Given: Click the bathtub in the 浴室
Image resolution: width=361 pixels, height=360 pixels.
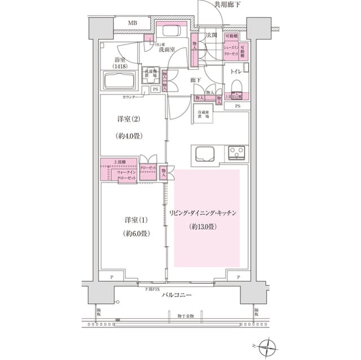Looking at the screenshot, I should pos(119,80).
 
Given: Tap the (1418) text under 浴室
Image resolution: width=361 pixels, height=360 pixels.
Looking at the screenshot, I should pos(120,66).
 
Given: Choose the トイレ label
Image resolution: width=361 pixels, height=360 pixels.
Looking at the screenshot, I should pos(236,72).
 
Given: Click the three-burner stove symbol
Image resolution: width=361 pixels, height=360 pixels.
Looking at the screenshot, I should pos(236,152).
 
